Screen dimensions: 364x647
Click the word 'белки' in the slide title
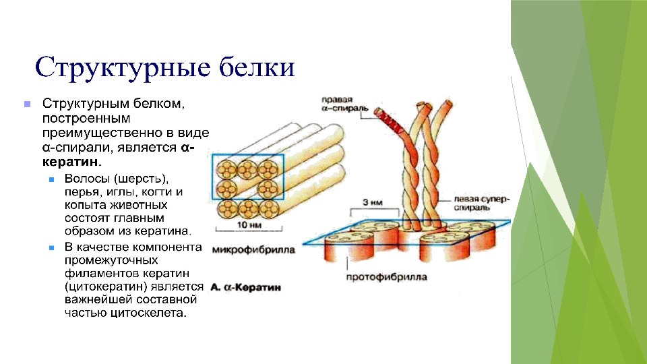[257, 68]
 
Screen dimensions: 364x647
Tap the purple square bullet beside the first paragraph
[27, 105]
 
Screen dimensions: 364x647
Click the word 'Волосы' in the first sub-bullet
[86, 179]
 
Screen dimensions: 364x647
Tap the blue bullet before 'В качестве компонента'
[52, 247]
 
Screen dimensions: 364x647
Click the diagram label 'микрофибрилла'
[253, 249]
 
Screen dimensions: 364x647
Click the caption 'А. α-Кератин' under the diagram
[246, 288]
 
